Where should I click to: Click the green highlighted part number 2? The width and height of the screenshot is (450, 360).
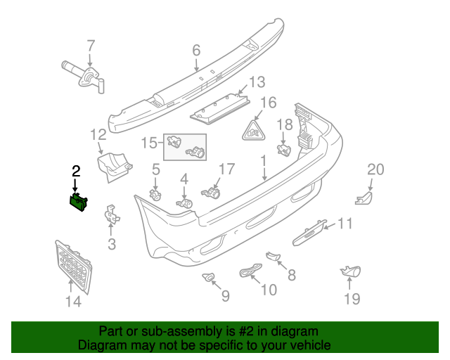[78, 202]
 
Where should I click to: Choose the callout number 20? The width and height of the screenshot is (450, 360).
[376, 169]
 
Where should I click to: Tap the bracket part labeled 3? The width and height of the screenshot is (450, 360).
[111, 214]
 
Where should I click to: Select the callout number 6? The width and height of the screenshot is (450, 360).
[196, 50]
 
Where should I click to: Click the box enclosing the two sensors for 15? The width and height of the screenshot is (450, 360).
[186, 146]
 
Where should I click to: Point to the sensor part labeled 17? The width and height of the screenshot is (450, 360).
[211, 191]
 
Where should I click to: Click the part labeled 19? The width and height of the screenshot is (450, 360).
[349, 271]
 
